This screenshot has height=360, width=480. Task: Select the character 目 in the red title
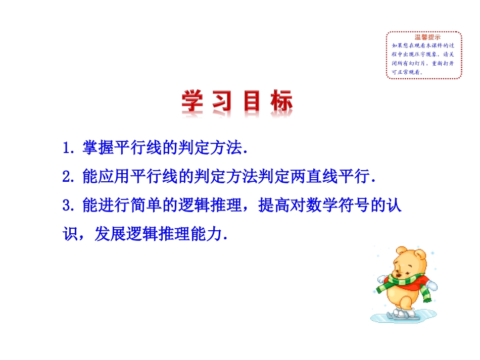coord(252,102)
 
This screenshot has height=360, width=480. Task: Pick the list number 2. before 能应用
coord(69,177)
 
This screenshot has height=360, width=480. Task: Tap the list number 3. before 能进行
coord(69,207)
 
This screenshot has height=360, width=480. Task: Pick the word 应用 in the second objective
coord(114,177)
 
